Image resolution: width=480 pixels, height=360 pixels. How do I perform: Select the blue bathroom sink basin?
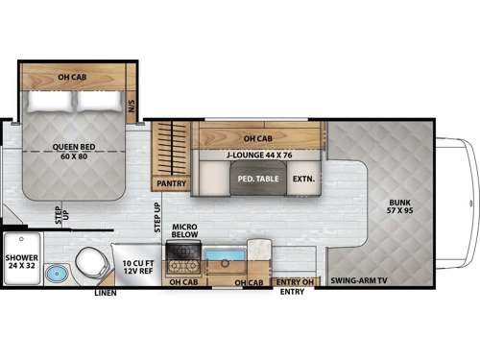(x=57, y=273)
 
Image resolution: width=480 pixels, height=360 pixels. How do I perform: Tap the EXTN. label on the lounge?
(x=303, y=178)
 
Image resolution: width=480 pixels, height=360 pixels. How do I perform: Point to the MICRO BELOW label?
(x=184, y=232)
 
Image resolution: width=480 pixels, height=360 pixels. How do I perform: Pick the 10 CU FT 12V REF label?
(x=134, y=266)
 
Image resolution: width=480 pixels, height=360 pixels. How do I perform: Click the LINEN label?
(x=105, y=293)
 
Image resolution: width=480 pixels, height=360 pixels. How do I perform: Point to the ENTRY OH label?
(x=294, y=281)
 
